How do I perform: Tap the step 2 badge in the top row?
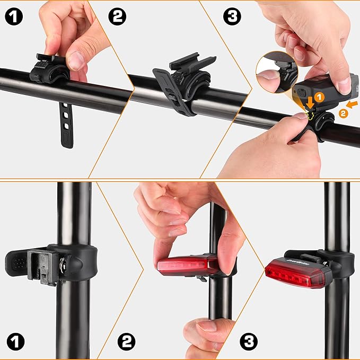tap(118, 16)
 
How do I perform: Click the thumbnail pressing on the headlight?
tap(344, 84)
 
